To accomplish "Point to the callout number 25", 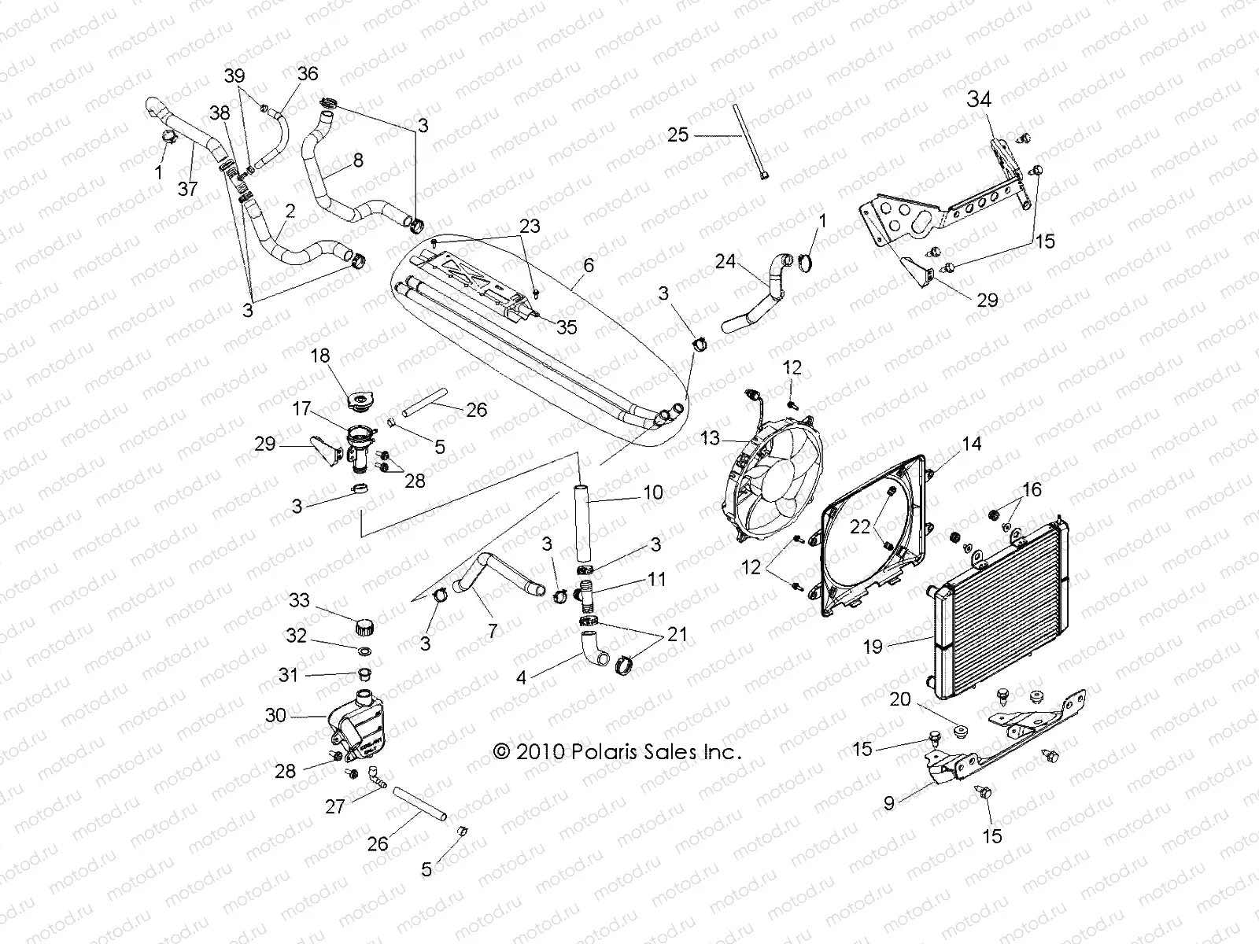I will (677, 135).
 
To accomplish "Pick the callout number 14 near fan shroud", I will (972, 444).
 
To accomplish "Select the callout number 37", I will (187, 189).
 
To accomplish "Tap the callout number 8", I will (359, 160).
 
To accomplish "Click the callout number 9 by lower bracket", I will (888, 804).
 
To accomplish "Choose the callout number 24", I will (725, 261).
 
